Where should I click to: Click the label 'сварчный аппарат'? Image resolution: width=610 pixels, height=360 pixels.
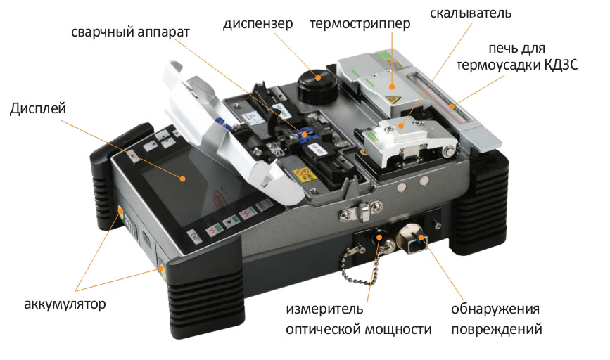(x=130, y=32)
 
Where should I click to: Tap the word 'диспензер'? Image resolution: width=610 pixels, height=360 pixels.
(x=258, y=24)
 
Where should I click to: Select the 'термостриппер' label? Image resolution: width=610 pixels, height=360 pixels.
(x=360, y=24)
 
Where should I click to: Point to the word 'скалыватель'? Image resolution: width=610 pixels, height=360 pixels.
(x=471, y=13)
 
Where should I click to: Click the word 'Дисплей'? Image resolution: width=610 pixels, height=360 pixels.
(x=38, y=108)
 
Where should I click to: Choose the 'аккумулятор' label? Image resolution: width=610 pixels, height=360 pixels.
(x=65, y=304)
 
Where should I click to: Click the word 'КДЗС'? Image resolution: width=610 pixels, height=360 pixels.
(x=557, y=64)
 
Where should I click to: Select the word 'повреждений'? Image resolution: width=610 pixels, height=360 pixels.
(x=497, y=329)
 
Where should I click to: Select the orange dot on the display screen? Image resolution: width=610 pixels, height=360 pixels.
(x=182, y=179)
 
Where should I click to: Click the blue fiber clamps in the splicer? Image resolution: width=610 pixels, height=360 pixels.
(x=304, y=134)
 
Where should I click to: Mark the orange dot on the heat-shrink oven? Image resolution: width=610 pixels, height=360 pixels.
(x=452, y=106)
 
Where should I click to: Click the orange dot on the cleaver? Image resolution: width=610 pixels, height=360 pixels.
(x=401, y=126)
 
